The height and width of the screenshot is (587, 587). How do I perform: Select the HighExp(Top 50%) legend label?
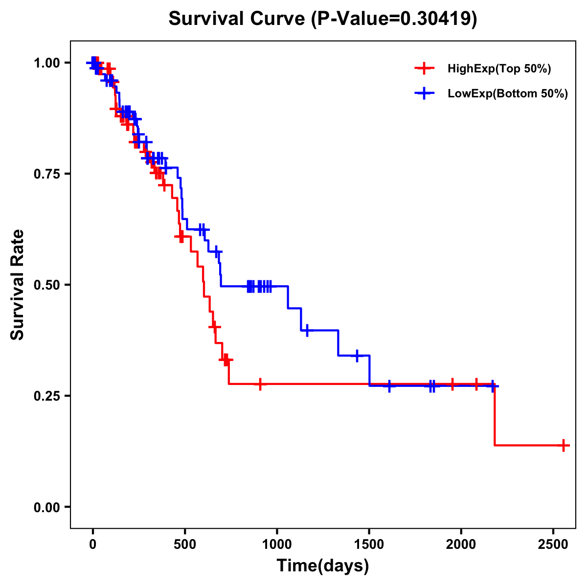tap(499, 69)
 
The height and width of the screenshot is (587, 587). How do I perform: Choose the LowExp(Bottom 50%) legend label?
tap(508, 94)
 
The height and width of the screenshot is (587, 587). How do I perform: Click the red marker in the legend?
tap(424, 69)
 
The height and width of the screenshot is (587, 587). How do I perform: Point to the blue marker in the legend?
tap(424, 94)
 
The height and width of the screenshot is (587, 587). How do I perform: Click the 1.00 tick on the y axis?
tap(47, 63)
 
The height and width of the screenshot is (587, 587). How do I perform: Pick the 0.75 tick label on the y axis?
tap(47, 174)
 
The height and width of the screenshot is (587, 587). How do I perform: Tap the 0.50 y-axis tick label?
tap(47, 285)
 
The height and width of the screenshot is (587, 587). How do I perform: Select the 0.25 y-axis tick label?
tap(47, 396)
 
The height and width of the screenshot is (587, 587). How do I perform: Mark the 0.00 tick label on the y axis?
tap(47, 507)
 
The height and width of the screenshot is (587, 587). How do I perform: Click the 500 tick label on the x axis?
tap(185, 543)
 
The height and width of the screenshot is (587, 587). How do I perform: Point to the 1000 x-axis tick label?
tap(277, 543)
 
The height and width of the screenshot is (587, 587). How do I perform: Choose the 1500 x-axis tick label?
tap(369, 543)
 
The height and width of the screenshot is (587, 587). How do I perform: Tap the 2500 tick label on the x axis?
tap(553, 543)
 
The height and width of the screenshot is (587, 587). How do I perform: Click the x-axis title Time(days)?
tap(323, 566)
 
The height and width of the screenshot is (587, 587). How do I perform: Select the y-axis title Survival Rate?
tap(18, 285)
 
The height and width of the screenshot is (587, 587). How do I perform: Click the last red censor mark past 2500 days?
tap(564, 446)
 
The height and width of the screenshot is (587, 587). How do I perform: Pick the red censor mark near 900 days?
tap(260, 384)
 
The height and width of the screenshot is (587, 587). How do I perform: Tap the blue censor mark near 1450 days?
tap(357, 356)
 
